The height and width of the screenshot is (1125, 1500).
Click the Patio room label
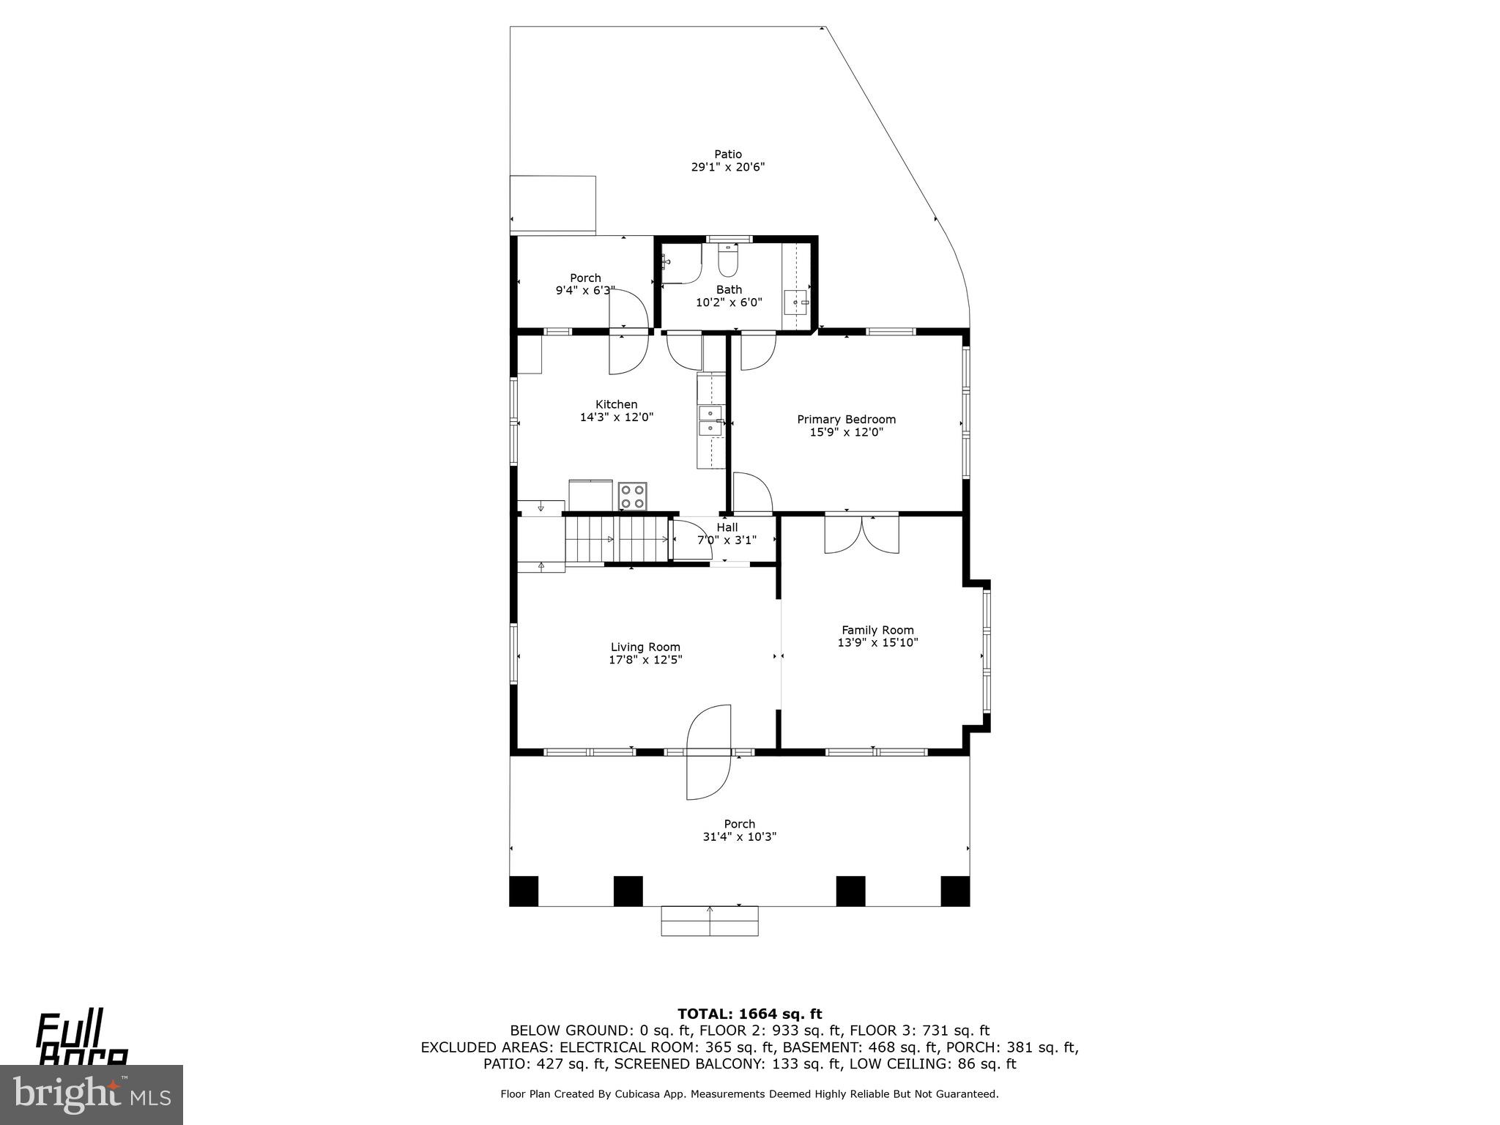click(x=728, y=154)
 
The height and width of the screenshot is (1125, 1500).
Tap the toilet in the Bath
click(x=728, y=261)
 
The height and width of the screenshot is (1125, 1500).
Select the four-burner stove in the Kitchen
click(x=633, y=495)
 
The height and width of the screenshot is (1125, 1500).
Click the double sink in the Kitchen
click(x=710, y=420)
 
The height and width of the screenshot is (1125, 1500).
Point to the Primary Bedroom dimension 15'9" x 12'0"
click(x=846, y=432)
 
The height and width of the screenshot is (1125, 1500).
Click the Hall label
click(x=727, y=527)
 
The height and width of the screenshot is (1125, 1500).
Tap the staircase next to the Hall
click(x=617, y=539)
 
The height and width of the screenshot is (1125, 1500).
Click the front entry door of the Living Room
click(x=709, y=751)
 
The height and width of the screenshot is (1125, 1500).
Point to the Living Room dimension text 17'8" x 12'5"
click(x=645, y=659)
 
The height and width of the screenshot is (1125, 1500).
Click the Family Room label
click(x=877, y=630)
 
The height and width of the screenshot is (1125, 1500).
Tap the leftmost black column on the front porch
click(x=524, y=891)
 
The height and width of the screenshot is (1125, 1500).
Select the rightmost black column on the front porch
click(x=954, y=891)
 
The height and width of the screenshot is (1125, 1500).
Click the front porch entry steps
click(x=709, y=921)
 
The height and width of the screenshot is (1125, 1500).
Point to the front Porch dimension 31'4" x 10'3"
click(x=739, y=836)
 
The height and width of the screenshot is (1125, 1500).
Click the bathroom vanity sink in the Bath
click(x=795, y=301)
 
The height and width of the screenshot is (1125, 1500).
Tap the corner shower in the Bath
click(x=680, y=264)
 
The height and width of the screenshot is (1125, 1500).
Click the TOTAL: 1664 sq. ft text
click(x=749, y=1014)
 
